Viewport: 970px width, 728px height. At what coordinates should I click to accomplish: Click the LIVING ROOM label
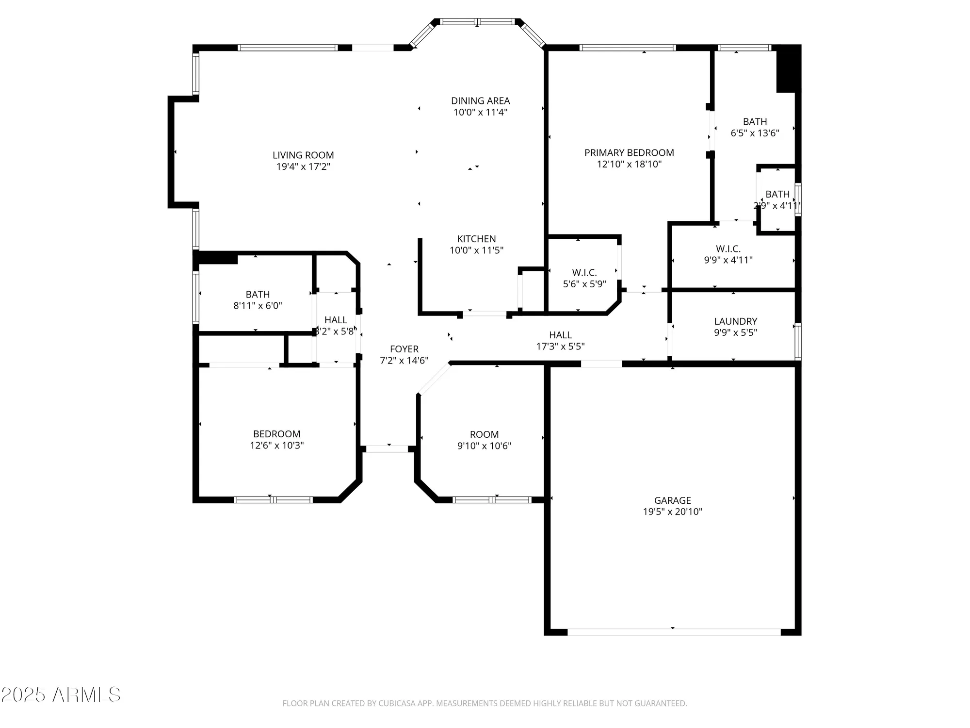click(x=303, y=155)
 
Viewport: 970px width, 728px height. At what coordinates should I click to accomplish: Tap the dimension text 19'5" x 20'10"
click(x=672, y=512)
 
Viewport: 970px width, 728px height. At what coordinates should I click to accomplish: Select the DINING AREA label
click(x=480, y=101)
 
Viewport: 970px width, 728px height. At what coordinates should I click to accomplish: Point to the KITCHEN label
click(x=476, y=239)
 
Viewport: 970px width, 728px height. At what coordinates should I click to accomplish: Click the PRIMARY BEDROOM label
click(x=629, y=153)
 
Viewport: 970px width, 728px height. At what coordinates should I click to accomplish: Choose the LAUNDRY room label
click(x=735, y=321)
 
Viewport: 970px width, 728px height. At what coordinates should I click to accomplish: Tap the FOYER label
click(x=404, y=349)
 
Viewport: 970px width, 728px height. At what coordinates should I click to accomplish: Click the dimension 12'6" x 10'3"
click(x=276, y=445)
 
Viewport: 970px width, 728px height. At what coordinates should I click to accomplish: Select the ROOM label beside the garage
click(x=484, y=434)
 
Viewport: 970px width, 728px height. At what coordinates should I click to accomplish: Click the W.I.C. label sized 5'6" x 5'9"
click(x=584, y=273)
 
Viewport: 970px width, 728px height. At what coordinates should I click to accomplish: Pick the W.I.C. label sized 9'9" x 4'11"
click(x=728, y=249)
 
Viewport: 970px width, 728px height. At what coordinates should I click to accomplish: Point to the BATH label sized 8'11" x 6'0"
click(x=258, y=295)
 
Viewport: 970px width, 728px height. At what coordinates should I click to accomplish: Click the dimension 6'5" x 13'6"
click(x=755, y=133)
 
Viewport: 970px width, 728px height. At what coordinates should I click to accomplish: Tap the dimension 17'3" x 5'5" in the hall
click(x=560, y=347)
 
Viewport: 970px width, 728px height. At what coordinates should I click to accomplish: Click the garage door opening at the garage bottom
click(x=673, y=632)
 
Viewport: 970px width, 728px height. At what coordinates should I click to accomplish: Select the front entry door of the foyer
click(x=387, y=449)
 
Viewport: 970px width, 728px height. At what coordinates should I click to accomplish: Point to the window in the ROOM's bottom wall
click(x=492, y=499)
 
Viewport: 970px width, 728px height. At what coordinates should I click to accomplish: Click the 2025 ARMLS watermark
click(x=61, y=695)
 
